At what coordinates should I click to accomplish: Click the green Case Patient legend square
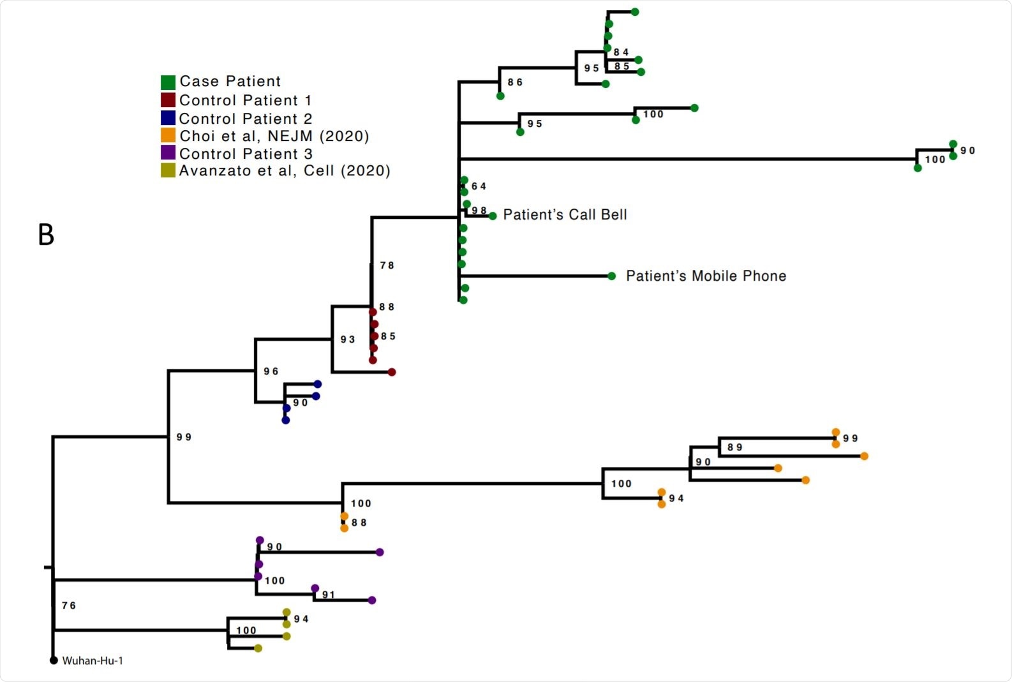(x=168, y=82)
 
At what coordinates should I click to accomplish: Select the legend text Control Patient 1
(x=245, y=100)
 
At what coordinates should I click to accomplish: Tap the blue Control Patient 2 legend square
(x=168, y=118)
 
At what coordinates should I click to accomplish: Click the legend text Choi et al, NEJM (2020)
(x=274, y=136)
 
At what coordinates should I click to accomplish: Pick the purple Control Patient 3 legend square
(x=168, y=153)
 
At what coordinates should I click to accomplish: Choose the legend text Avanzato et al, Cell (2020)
(x=285, y=170)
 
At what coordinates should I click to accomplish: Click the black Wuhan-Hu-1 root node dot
(x=54, y=660)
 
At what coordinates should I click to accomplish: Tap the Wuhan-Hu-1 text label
(x=93, y=661)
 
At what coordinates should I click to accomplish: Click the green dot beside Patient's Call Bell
(x=493, y=216)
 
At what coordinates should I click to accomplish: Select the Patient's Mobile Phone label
(x=706, y=276)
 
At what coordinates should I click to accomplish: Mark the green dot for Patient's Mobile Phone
(x=612, y=276)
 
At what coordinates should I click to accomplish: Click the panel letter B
(x=46, y=235)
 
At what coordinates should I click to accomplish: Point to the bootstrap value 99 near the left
(x=184, y=437)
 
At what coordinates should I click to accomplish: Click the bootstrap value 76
(x=69, y=605)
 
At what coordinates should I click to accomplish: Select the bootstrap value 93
(x=348, y=339)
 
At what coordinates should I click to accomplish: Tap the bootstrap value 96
(x=271, y=371)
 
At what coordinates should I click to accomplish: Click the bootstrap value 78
(x=387, y=265)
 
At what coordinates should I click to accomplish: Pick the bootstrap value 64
(x=479, y=186)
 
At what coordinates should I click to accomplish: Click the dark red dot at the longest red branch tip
(x=392, y=372)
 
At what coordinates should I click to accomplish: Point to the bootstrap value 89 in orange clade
(x=734, y=447)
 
